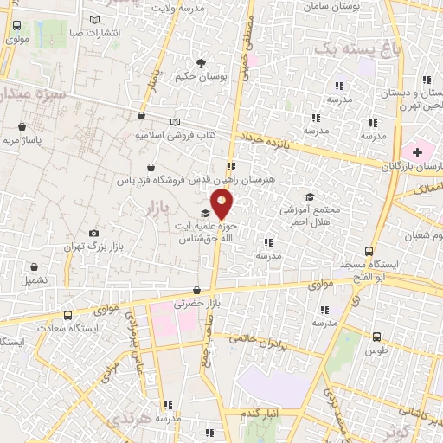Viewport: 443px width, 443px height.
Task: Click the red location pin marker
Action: (222, 204)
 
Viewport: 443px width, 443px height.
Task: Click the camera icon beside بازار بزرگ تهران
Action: (93, 233)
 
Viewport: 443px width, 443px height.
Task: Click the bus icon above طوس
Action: (376, 337)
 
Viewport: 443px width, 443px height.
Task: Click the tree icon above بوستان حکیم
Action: (201, 63)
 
